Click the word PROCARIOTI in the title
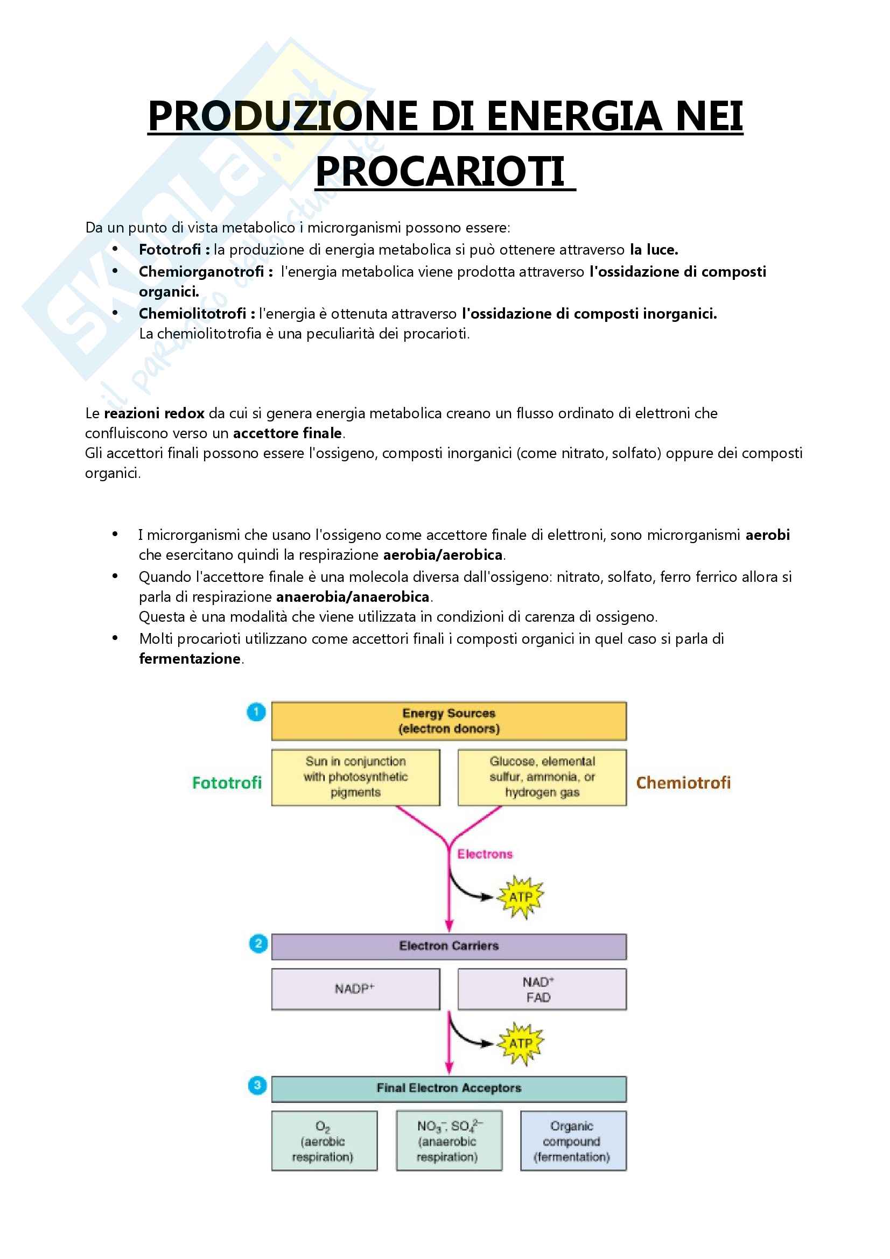[x=440, y=172]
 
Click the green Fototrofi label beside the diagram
[x=227, y=783]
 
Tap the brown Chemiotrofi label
[x=683, y=783]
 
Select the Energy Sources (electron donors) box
[x=448, y=721]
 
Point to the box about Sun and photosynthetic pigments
[x=355, y=777]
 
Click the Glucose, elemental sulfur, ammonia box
[x=542, y=777]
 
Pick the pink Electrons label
[x=485, y=854]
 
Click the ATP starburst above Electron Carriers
[x=520, y=897]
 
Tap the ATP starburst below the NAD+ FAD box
[x=520, y=1043]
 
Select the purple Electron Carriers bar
[x=448, y=946]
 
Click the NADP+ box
[x=355, y=989]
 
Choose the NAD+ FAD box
[x=542, y=989]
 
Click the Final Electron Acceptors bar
[x=448, y=1088]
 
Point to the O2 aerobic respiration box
[x=324, y=1141]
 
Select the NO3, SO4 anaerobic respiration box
[x=448, y=1141]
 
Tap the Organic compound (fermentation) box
[x=573, y=1141]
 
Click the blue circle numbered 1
[x=256, y=712]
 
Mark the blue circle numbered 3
[x=257, y=1085]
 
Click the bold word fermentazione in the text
[x=190, y=658]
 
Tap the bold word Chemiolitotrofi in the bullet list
[x=192, y=314]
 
